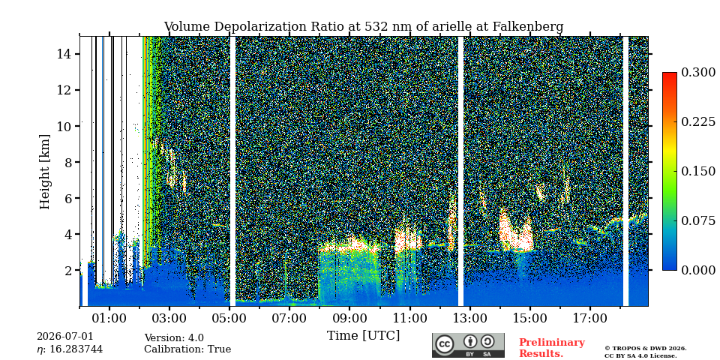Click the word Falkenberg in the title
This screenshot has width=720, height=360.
[527, 27]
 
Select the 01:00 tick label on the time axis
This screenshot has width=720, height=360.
[109, 317]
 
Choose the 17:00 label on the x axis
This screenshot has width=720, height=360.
[590, 317]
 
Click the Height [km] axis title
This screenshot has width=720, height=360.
[44, 172]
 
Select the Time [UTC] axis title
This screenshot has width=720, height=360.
[363, 335]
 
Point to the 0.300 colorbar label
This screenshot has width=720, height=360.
[698, 72]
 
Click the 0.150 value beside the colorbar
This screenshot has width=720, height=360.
[698, 171]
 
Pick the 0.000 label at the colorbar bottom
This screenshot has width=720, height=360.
[698, 270]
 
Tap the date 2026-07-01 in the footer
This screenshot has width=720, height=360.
[64, 336]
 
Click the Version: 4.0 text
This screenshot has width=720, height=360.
[174, 338]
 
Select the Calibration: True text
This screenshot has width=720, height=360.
[187, 349]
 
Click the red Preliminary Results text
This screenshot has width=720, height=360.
[552, 347]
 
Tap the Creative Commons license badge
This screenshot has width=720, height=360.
[468, 345]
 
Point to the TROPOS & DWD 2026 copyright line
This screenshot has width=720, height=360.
[646, 348]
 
